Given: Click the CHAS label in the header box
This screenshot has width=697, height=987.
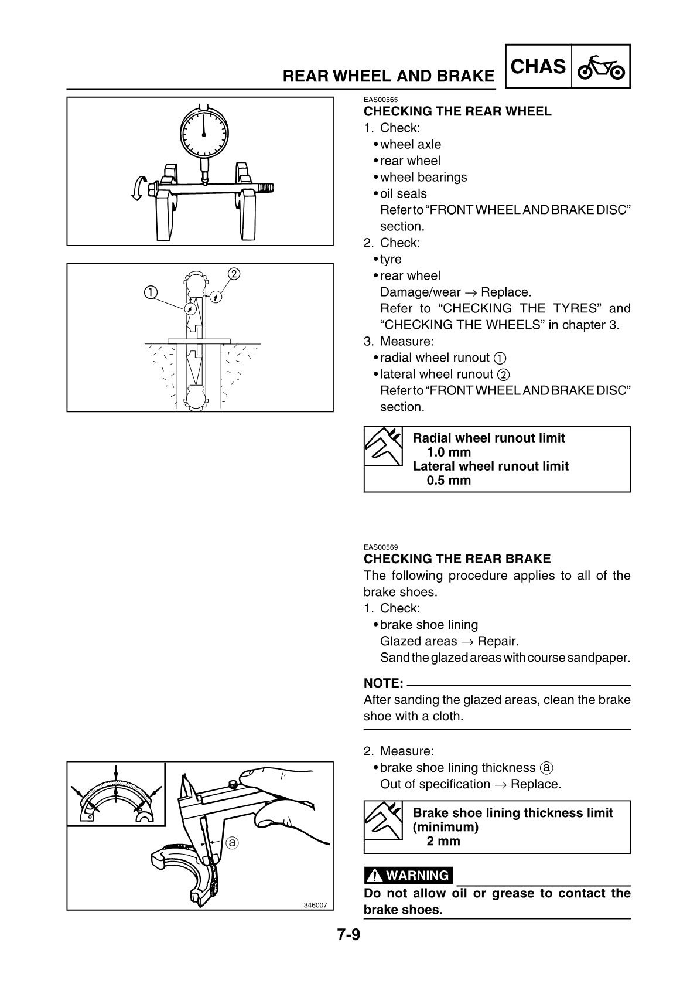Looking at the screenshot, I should (x=538, y=67).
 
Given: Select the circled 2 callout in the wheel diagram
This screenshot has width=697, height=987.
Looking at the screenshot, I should (x=233, y=274).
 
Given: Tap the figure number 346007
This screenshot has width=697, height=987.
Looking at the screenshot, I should (x=315, y=905).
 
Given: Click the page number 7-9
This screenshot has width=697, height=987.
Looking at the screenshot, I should (x=348, y=934).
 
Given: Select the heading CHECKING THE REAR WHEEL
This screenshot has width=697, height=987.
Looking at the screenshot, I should (x=457, y=111).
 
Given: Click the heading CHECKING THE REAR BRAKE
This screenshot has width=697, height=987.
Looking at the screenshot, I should (x=457, y=559).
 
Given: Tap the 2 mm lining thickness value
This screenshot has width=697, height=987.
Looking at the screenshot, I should (x=443, y=841).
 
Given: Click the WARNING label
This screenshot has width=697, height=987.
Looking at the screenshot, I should (x=409, y=876).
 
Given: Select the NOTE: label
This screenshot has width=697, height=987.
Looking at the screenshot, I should (x=383, y=683).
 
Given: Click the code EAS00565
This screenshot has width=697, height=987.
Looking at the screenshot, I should (x=381, y=100).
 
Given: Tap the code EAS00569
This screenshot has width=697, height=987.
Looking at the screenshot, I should (x=381, y=547).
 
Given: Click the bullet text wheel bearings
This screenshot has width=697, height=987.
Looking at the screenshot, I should (x=423, y=177).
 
